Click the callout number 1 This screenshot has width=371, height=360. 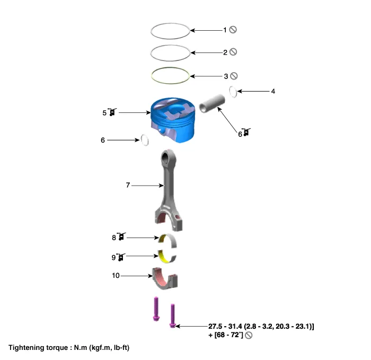click(x=225, y=30)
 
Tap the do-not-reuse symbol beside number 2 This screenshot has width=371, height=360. click(x=233, y=52)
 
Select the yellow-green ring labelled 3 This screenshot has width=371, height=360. click(x=170, y=75)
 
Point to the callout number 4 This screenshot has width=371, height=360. click(x=273, y=91)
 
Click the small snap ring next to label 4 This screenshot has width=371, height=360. click(x=233, y=91)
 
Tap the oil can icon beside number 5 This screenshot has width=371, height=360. click(x=112, y=112)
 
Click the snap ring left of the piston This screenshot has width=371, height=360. click(x=144, y=140)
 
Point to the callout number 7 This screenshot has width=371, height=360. click(x=128, y=185)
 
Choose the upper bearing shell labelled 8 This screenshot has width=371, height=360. click(x=167, y=240)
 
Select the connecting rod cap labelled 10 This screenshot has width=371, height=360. click(x=165, y=279)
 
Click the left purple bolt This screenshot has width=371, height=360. click(x=155, y=309)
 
